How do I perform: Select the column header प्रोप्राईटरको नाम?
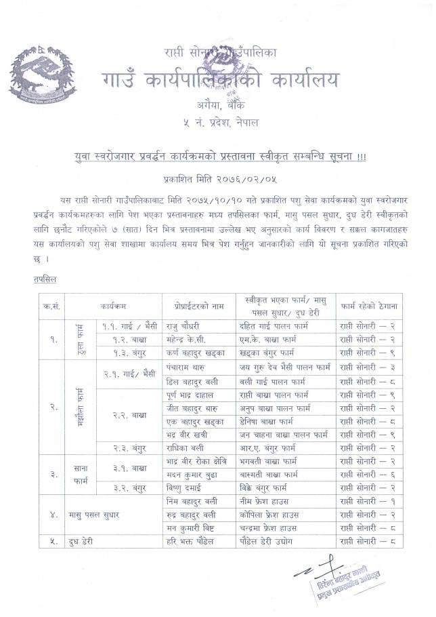196,306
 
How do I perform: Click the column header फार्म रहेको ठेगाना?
370,306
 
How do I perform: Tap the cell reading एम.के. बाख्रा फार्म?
269,339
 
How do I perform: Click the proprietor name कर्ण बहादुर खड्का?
196,353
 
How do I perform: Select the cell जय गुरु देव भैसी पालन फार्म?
284,367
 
